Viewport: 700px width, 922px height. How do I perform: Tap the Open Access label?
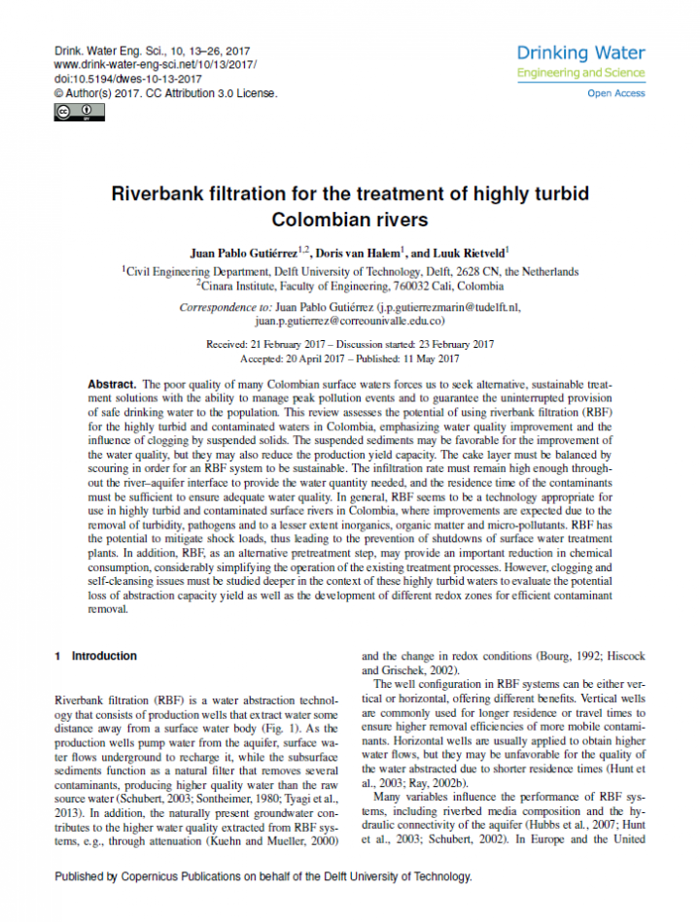tap(615, 93)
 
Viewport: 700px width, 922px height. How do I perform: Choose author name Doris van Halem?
tap(364, 253)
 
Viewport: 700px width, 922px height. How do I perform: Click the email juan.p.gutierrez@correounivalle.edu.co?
tap(350, 320)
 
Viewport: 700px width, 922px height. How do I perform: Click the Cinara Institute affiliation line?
tap(350, 287)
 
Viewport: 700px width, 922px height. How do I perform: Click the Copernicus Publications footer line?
tap(262, 876)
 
